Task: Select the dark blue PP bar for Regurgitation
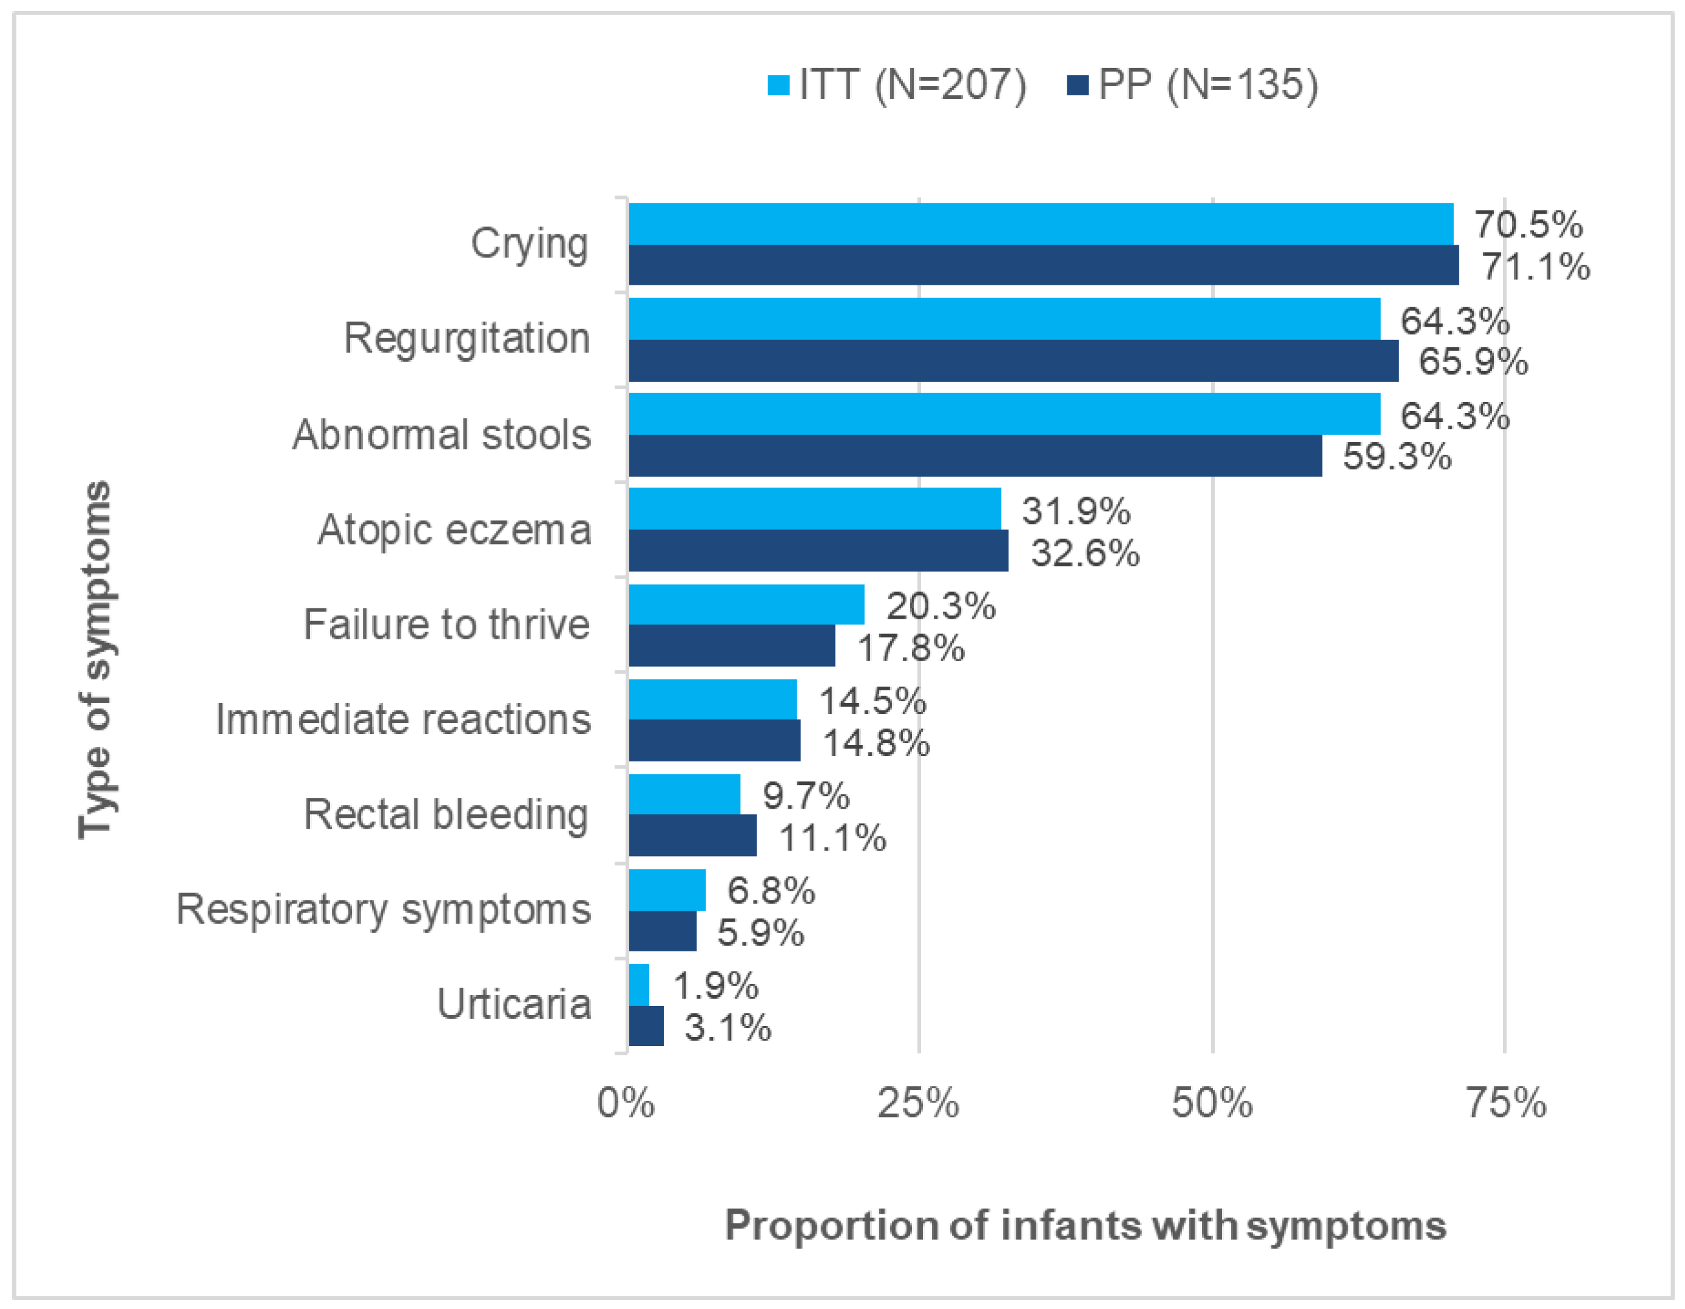[1013, 361]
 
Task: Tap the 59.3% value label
[1396, 456]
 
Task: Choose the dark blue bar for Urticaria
[646, 1025]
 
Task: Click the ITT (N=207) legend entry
[897, 84]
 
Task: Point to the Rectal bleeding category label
[446, 814]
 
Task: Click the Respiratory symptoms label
[383, 909]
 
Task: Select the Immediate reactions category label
[403, 719]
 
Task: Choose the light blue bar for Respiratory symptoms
[667, 890]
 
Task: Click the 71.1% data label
[1535, 267]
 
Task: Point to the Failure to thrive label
[446, 624]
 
